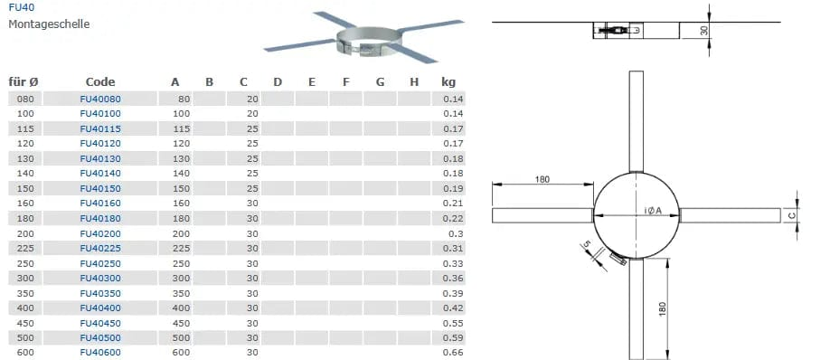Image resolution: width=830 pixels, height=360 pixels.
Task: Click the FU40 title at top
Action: click(20, 8)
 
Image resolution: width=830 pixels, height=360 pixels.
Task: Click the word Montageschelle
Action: click(49, 24)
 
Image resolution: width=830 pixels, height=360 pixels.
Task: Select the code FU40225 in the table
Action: click(100, 249)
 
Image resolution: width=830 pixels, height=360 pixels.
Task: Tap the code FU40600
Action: click(100, 353)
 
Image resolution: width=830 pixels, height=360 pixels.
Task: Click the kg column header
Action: click(448, 82)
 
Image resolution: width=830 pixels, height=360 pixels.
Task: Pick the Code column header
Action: click(100, 82)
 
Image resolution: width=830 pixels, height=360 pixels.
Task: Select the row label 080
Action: click(25, 99)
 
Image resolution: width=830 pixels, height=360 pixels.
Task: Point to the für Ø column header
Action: click(24, 82)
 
